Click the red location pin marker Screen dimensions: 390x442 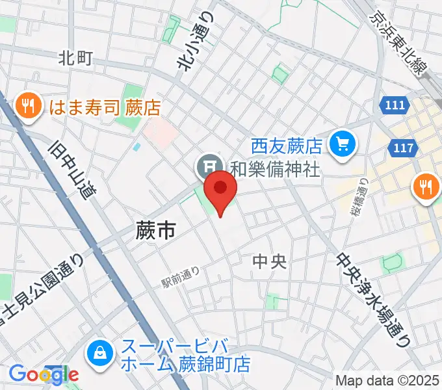coord(220,189)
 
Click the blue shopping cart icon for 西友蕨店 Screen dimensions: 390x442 coord(341,144)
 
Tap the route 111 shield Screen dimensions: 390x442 coord(394,105)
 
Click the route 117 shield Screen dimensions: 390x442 coord(404,148)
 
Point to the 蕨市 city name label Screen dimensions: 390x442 coord(157,230)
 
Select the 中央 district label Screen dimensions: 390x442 coord(269,262)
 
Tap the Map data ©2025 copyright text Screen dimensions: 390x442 coord(387,380)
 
